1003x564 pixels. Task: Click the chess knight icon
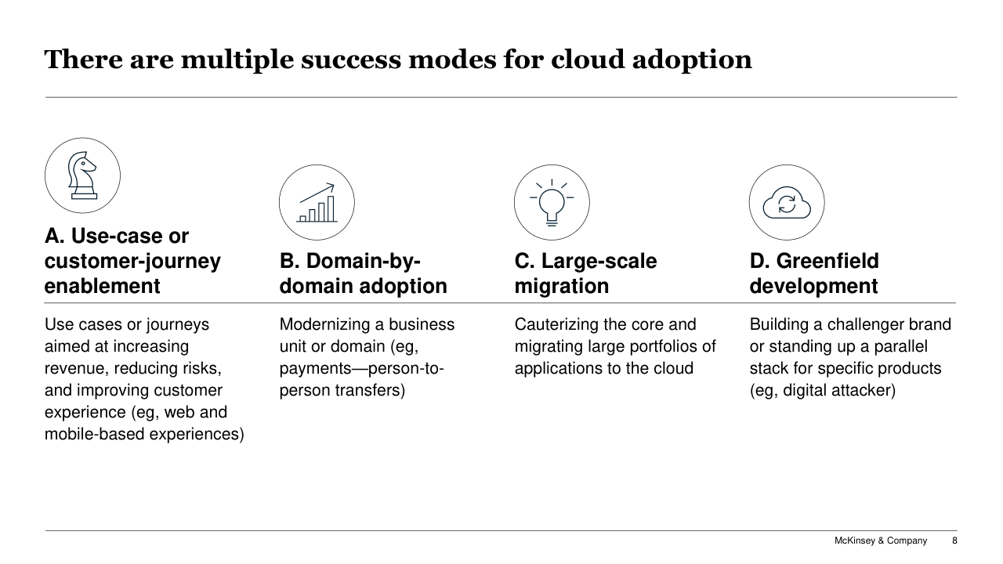(x=82, y=175)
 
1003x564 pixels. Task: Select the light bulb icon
(x=552, y=202)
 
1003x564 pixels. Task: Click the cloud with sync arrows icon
(x=787, y=202)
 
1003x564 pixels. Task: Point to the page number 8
(x=954, y=540)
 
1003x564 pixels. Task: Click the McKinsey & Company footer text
(x=881, y=540)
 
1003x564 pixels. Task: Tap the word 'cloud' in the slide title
(x=588, y=59)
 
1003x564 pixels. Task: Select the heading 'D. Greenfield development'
(x=814, y=273)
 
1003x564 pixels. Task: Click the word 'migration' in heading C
(x=562, y=286)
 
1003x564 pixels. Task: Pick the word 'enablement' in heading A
(x=102, y=286)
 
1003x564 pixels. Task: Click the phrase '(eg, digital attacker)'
(x=823, y=390)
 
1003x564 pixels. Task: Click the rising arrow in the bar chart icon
(x=317, y=193)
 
